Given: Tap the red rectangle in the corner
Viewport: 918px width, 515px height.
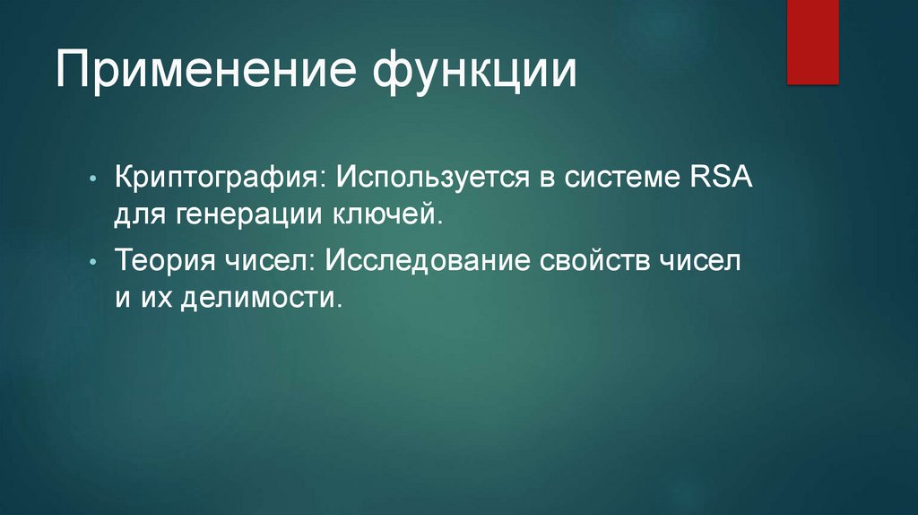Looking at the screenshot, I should click(x=812, y=41).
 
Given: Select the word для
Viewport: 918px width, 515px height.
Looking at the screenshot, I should click(x=136, y=214).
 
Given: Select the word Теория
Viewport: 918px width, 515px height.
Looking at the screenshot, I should click(x=163, y=260).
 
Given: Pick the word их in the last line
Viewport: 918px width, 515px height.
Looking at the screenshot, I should click(x=154, y=298).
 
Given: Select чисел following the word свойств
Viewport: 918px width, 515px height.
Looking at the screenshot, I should click(x=701, y=260).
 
